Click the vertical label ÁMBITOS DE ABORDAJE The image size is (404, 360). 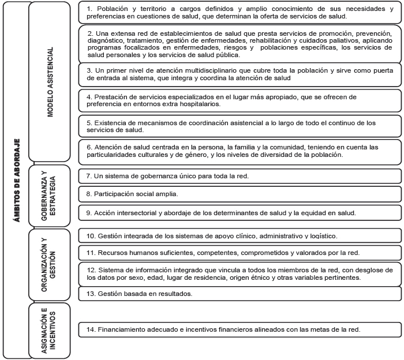(x=17, y=179)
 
